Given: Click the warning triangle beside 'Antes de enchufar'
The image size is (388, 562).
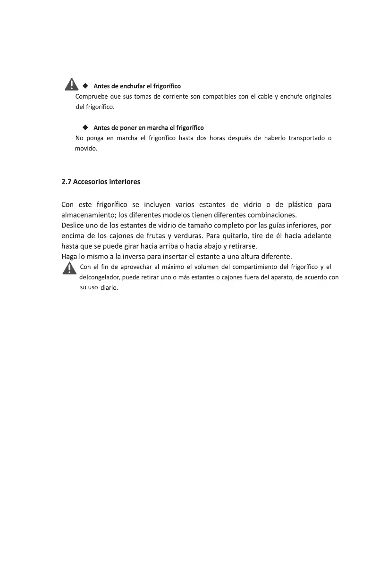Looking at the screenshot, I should tap(71, 84).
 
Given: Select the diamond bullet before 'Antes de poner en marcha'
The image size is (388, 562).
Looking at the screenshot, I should tap(85, 127).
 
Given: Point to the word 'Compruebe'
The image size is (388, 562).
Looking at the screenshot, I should tap(91, 97).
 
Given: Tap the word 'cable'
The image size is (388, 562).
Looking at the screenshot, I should tap(262, 97).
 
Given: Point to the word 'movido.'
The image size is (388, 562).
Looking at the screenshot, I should tap(86, 149).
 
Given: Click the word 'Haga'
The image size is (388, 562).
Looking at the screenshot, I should tap(70, 257).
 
